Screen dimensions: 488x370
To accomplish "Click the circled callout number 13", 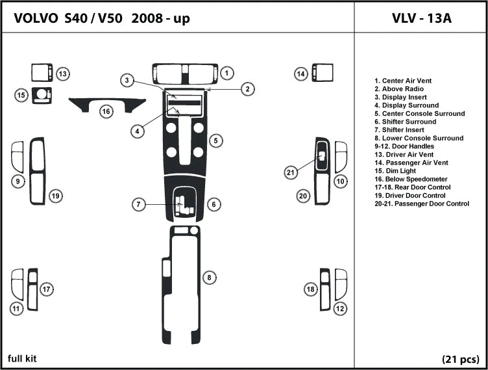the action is (x=63, y=74).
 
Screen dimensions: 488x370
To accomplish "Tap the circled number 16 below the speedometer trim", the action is (x=106, y=111).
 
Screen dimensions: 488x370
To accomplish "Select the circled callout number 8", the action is (x=209, y=278).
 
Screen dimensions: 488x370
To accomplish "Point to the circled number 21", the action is (x=290, y=172).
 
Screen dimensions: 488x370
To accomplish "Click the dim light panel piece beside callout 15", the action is (x=42, y=96).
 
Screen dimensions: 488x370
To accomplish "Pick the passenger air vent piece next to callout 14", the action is (x=323, y=73).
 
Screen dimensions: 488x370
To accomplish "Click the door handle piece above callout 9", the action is (x=18, y=157).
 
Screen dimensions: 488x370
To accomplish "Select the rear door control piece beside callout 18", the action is (x=325, y=289).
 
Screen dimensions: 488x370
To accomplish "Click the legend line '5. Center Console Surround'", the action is (x=419, y=114).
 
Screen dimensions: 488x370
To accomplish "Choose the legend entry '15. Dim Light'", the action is (x=395, y=171).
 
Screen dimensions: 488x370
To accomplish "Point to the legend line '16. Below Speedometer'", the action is (x=411, y=179).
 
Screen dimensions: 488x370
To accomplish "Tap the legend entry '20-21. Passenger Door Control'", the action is (x=422, y=204).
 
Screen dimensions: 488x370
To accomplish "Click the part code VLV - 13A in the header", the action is (x=421, y=18).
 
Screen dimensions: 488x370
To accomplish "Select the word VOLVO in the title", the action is (x=36, y=18).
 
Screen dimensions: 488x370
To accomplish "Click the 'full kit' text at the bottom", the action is (x=22, y=358).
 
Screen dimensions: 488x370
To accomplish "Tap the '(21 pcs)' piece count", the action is (x=461, y=360).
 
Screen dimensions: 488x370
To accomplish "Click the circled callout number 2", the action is (x=247, y=89).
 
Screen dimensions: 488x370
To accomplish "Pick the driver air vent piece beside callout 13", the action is (x=42, y=73).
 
